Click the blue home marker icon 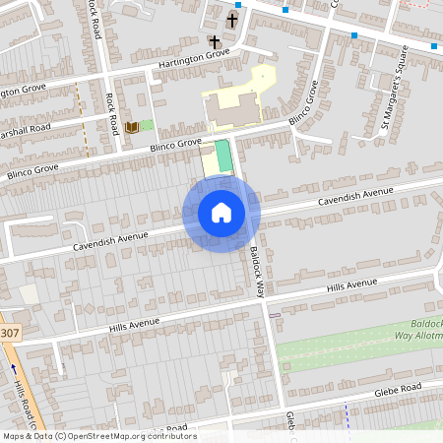point(221,213)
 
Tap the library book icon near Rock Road point(131,126)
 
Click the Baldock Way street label point(257,272)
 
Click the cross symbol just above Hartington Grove point(215,42)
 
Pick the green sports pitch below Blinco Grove point(223,155)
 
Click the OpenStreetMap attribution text point(98,436)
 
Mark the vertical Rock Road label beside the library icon point(112,113)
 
